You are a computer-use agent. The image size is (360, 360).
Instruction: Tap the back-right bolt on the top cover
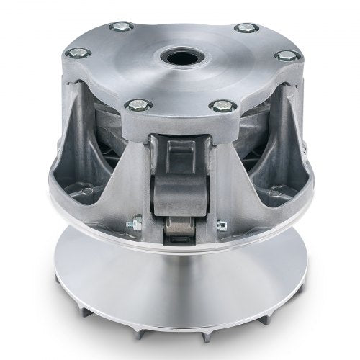[x=247, y=29]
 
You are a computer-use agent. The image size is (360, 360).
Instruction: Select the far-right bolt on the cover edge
[x=286, y=55]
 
